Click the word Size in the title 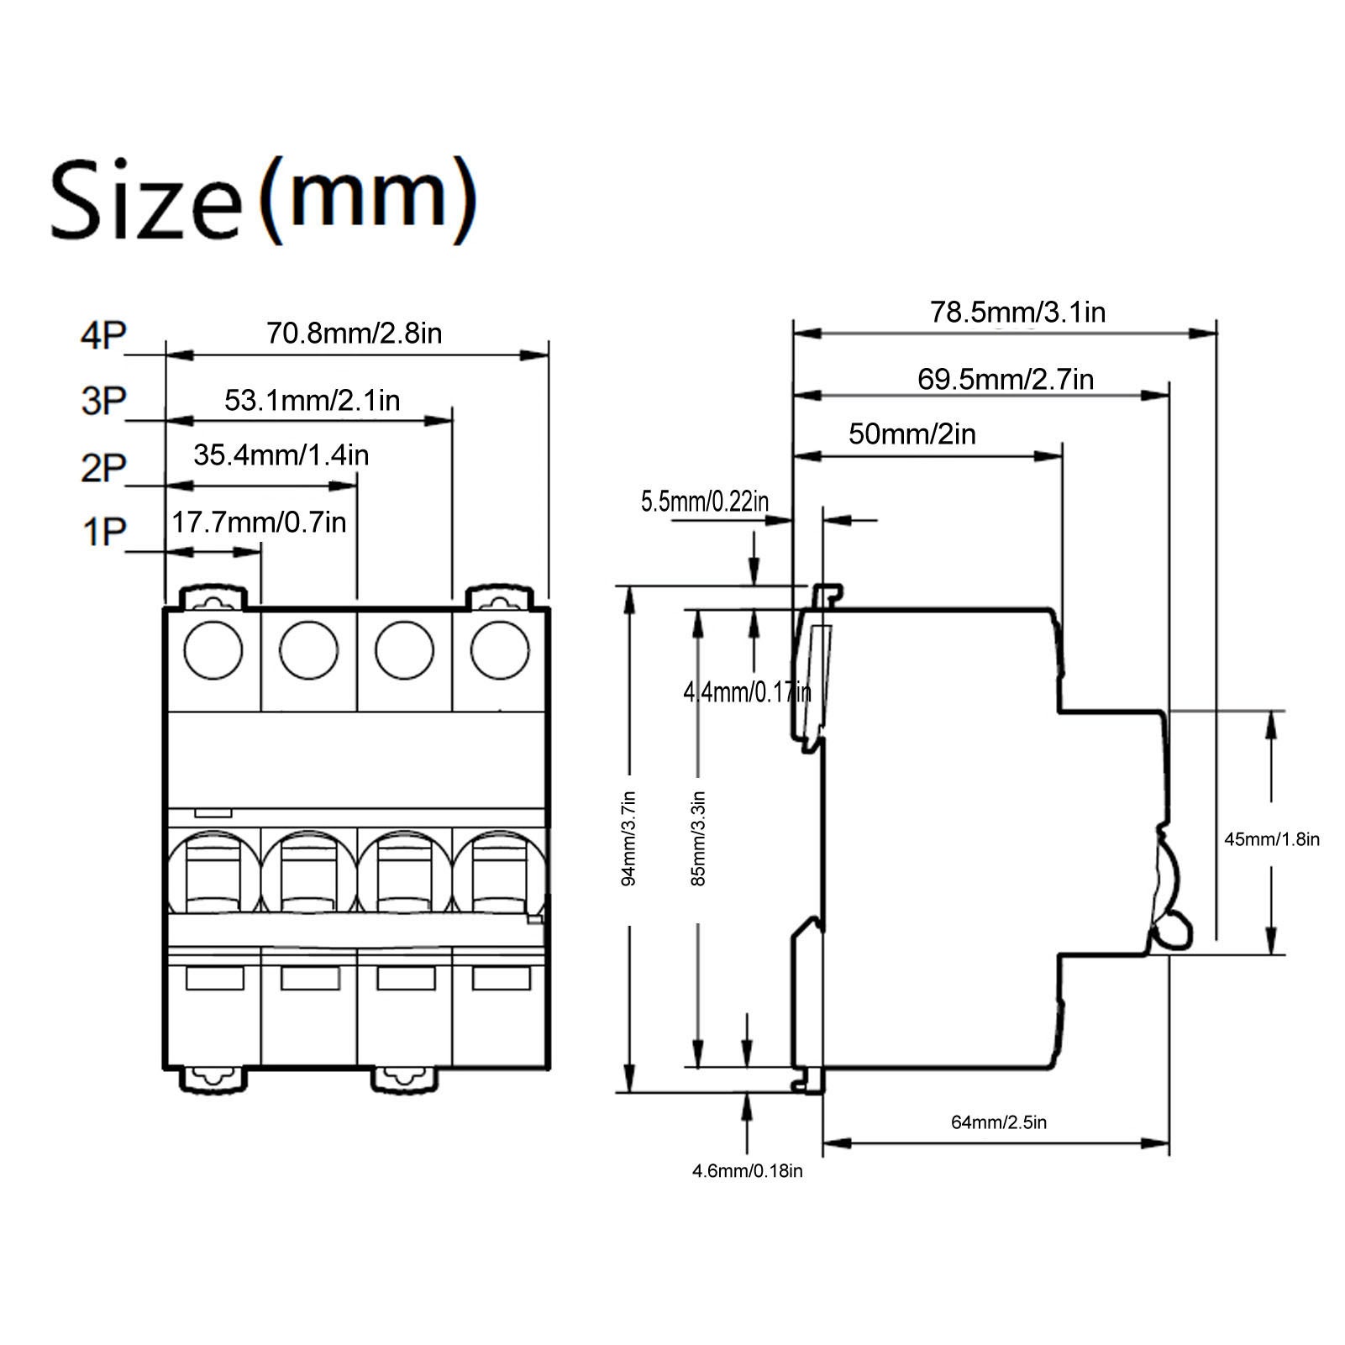point(144,200)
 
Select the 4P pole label point(102,335)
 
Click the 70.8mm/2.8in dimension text point(354,334)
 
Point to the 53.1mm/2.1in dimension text point(312,400)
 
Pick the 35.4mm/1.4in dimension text point(281,455)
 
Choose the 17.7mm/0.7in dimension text point(259,523)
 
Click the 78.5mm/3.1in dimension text point(1017,313)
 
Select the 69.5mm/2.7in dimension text point(1005,380)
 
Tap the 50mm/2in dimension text point(912,434)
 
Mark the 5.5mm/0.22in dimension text point(704,502)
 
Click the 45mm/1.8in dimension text point(1271,838)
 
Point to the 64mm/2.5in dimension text point(998,1122)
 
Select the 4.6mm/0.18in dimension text point(747,1171)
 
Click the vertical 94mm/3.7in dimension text point(629,838)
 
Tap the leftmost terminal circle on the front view point(213,650)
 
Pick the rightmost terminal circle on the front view point(500,650)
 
